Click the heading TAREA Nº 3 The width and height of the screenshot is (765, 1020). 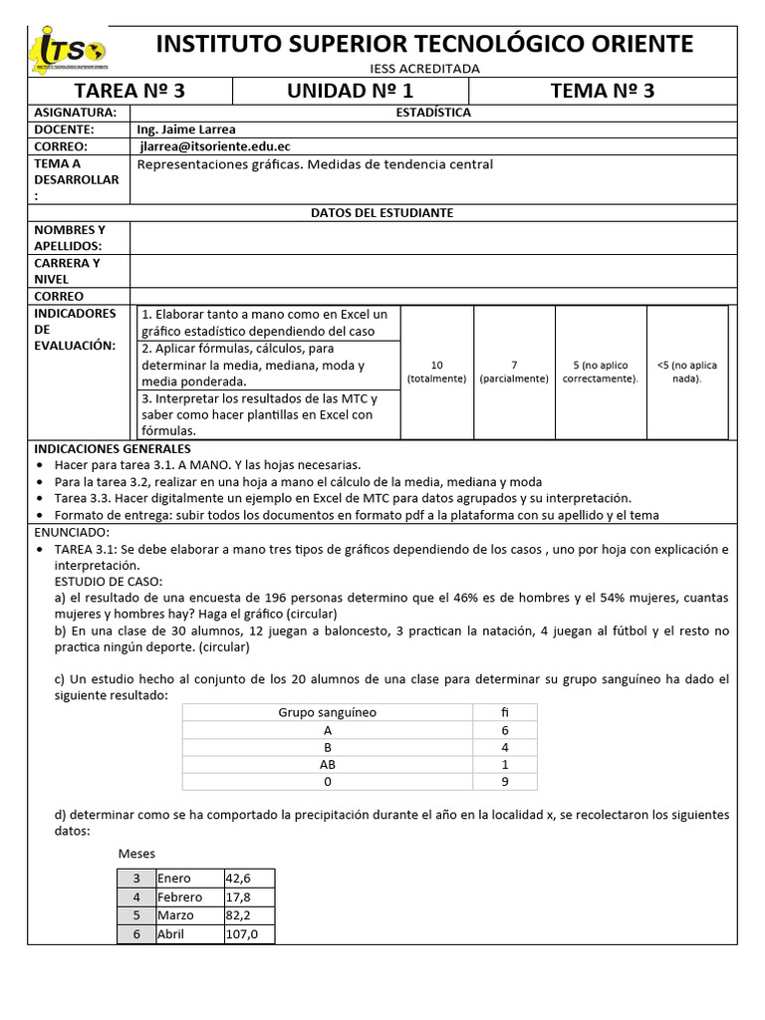[130, 92]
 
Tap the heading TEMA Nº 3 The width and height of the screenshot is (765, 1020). [603, 92]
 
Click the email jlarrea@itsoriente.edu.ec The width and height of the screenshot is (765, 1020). [214, 145]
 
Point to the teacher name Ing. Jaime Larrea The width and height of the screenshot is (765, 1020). [186, 129]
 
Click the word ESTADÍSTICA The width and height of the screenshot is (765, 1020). [433, 113]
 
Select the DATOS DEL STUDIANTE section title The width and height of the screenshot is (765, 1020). [382, 213]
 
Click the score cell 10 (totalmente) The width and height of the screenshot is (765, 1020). [436, 372]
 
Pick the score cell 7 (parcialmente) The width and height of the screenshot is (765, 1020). [513, 372]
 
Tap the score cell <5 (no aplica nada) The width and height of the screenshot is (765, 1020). [686, 372]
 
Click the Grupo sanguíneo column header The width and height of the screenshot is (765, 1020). [327, 712]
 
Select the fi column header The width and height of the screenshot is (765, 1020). [504, 712]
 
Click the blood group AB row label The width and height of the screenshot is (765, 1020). [327, 765]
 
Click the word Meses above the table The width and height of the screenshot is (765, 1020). [136, 854]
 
